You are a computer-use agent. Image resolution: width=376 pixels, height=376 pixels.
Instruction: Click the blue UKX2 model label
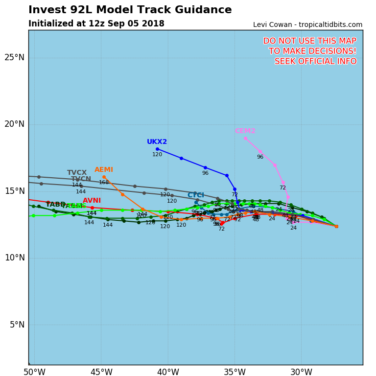pyautogui.click(x=157, y=142)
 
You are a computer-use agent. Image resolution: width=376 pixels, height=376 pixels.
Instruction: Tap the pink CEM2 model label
pyautogui.click(x=245, y=131)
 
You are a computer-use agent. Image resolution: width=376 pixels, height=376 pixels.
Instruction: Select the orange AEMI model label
pyautogui.click(x=104, y=170)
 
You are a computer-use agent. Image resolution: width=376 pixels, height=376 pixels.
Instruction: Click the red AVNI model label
pyautogui.click(x=92, y=201)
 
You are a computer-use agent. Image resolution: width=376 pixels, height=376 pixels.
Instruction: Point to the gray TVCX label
pyautogui.click(x=77, y=173)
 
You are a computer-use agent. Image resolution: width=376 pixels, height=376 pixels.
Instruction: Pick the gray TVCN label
pyautogui.click(x=81, y=179)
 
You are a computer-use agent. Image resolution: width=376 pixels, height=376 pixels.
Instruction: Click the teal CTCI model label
pyautogui.click(x=196, y=195)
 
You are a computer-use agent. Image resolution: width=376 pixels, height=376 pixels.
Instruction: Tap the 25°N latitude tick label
pyautogui.click(x=14, y=57)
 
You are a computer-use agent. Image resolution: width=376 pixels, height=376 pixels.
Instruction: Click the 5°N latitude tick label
pyautogui.click(x=17, y=325)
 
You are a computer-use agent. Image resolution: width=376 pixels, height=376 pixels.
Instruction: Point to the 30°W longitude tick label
pyautogui.click(x=301, y=372)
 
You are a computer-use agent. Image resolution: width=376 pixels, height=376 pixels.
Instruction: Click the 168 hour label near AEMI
pyautogui.click(x=104, y=183)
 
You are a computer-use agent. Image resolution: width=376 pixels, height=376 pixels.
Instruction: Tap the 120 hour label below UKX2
pyautogui.click(x=157, y=155)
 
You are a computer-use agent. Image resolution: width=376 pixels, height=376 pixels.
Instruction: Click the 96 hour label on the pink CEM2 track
pyautogui.click(x=260, y=157)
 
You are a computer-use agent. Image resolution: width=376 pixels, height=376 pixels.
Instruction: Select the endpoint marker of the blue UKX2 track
pyautogui.click(x=157, y=149)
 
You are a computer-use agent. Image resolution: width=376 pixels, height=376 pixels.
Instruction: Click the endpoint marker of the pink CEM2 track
pyautogui.click(x=245, y=138)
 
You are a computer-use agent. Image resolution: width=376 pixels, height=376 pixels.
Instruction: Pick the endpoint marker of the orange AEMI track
pyautogui.click(x=104, y=177)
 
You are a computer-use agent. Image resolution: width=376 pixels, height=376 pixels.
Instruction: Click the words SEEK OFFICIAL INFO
pyautogui.click(x=315, y=61)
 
